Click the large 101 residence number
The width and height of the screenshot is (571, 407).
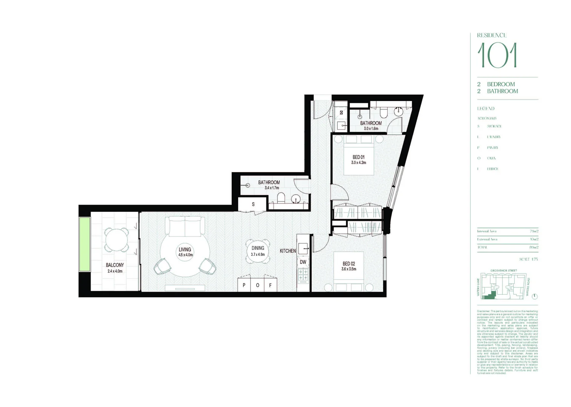(x=497, y=55)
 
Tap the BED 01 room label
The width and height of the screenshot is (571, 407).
(x=359, y=157)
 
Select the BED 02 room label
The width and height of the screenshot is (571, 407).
(x=349, y=264)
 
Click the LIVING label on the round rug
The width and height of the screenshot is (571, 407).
(x=185, y=249)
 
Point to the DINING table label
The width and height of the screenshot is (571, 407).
(x=258, y=248)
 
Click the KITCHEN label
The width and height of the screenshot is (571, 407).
(x=288, y=251)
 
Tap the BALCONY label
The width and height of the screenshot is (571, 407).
(x=115, y=265)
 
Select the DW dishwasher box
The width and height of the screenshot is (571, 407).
(x=303, y=262)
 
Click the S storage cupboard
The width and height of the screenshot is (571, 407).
(x=253, y=204)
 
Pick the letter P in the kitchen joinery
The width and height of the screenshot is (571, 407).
(x=244, y=285)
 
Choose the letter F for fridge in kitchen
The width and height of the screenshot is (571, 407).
(x=270, y=285)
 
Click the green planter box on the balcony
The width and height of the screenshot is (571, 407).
(x=85, y=244)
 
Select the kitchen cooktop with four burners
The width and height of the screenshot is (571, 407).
(x=303, y=275)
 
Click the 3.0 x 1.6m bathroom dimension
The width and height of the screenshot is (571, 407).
(x=371, y=129)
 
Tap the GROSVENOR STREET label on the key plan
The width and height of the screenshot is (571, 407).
(x=503, y=271)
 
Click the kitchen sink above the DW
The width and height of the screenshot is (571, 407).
(x=303, y=248)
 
